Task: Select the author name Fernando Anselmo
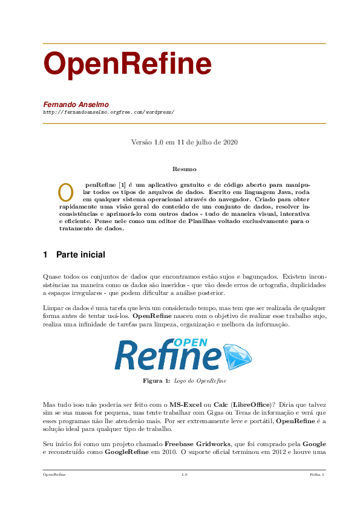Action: pyautogui.click(x=76, y=104)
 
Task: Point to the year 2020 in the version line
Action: pyautogui.click(x=229, y=143)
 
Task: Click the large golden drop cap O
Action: pyautogui.click(x=65, y=190)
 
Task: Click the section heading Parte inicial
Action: pyautogui.click(x=80, y=255)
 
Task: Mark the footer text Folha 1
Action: pyautogui.click(x=317, y=475)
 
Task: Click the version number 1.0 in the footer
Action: pyautogui.click(x=184, y=475)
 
